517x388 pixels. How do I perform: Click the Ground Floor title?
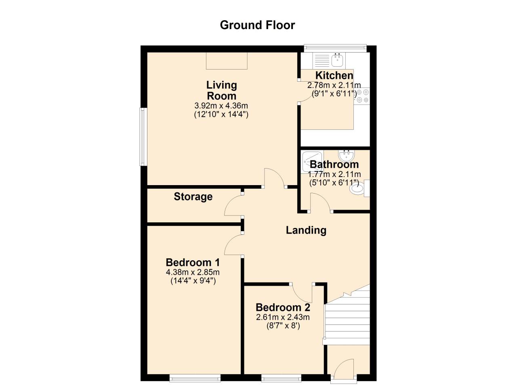point(257,25)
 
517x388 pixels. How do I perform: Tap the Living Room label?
point(221,91)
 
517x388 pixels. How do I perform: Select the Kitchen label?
point(334,76)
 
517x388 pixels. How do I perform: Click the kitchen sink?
point(337,61)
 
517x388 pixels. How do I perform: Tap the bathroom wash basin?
point(346,155)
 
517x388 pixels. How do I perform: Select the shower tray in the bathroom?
point(312,160)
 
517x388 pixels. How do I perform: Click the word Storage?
point(193,197)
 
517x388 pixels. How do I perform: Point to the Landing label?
point(306,230)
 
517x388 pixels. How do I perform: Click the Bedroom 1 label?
point(193,262)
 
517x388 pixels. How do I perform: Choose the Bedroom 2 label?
point(283,307)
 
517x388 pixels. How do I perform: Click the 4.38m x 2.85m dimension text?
point(193,272)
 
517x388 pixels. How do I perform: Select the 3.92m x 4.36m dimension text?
point(221,106)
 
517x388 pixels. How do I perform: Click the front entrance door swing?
point(343,368)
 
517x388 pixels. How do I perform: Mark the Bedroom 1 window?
point(195,378)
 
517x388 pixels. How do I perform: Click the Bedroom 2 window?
point(281,378)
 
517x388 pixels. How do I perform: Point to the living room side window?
point(143,137)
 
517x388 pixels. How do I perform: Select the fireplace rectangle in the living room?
point(227,61)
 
